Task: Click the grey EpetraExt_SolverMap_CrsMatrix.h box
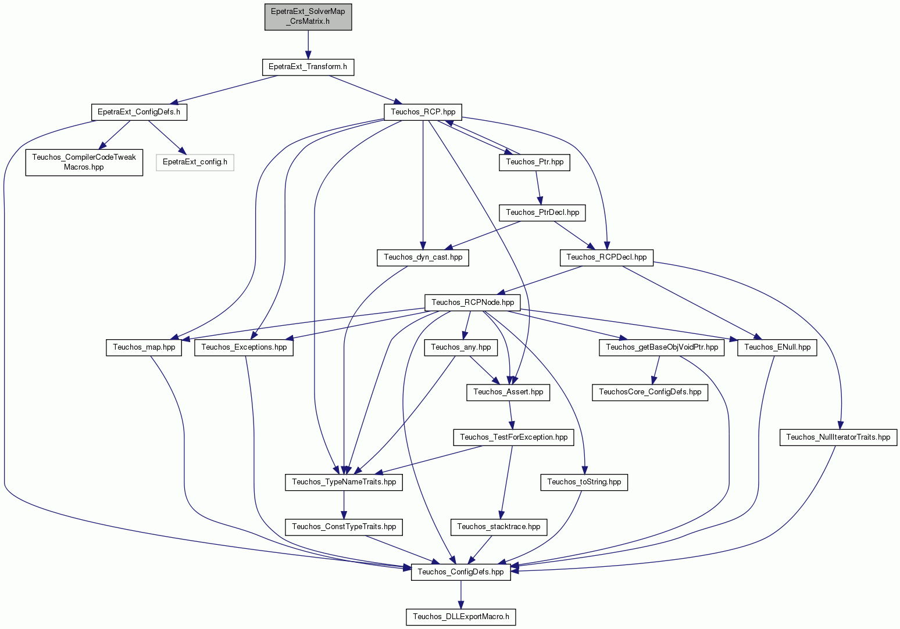click(x=308, y=17)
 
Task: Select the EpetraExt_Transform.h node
click(x=308, y=67)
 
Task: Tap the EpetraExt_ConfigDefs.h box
click(x=139, y=113)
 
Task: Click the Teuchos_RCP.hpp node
click(x=423, y=113)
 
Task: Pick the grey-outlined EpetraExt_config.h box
click(x=195, y=163)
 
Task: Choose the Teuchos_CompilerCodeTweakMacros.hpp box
click(x=84, y=163)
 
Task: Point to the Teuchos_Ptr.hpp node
click(x=534, y=163)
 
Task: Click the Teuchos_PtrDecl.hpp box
click(x=542, y=213)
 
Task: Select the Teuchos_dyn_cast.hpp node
click(x=423, y=258)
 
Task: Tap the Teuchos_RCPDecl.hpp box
click(x=606, y=258)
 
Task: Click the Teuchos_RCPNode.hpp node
click(x=473, y=303)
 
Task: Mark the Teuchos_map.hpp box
click(x=144, y=348)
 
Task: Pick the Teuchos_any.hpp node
click(x=461, y=348)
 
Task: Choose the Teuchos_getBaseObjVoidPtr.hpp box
click(x=662, y=348)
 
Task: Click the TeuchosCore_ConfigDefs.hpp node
click(x=650, y=393)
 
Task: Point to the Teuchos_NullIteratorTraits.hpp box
click(x=838, y=437)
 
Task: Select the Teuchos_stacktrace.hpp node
click(x=499, y=527)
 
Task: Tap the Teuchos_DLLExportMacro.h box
click(x=461, y=617)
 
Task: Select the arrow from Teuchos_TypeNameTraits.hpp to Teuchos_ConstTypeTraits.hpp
click(x=344, y=505)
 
